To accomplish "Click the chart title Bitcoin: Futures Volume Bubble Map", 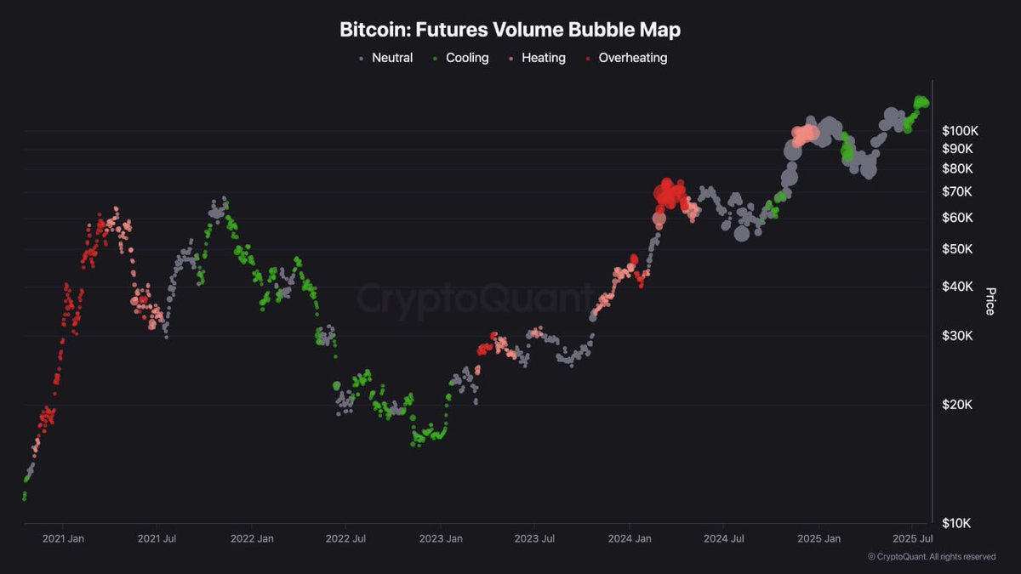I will click(x=510, y=30).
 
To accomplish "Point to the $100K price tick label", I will click(x=960, y=131).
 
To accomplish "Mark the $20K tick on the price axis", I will click(x=962, y=404).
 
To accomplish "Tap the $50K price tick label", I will click(x=962, y=249).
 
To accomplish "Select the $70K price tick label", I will click(x=962, y=191).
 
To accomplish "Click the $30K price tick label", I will click(x=962, y=336).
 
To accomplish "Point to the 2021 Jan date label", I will click(x=63, y=538).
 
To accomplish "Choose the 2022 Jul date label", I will click(x=346, y=538).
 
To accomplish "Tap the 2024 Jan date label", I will click(x=630, y=538).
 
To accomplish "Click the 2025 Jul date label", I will click(x=913, y=538).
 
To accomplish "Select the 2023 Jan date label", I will click(x=442, y=538).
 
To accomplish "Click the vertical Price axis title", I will click(x=990, y=301).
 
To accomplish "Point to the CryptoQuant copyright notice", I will click(x=931, y=557).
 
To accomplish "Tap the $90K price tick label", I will click(x=962, y=149).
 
